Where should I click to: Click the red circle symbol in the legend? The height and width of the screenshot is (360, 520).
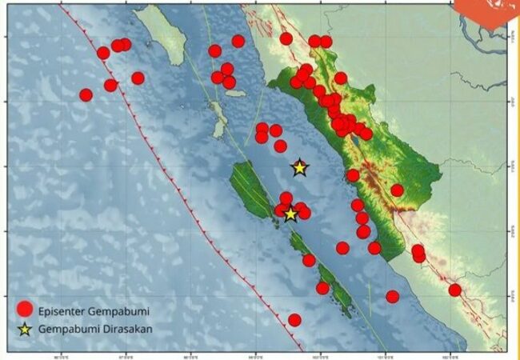coord(25,309)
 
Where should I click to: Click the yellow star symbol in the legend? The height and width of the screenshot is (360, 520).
coord(25,328)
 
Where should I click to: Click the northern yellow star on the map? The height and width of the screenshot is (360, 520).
coord(299,168)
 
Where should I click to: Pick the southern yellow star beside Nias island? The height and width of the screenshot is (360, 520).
coord(290,214)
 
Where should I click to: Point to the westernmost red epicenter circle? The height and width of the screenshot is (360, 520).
coord(86,94)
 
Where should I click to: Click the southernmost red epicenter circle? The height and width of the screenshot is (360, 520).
coord(294,320)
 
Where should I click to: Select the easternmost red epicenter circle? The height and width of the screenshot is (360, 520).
coord(454,290)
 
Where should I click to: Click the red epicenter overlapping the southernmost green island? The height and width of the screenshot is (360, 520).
coord(322,288)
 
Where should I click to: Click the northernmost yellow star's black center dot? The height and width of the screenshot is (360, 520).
coord(299,168)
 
